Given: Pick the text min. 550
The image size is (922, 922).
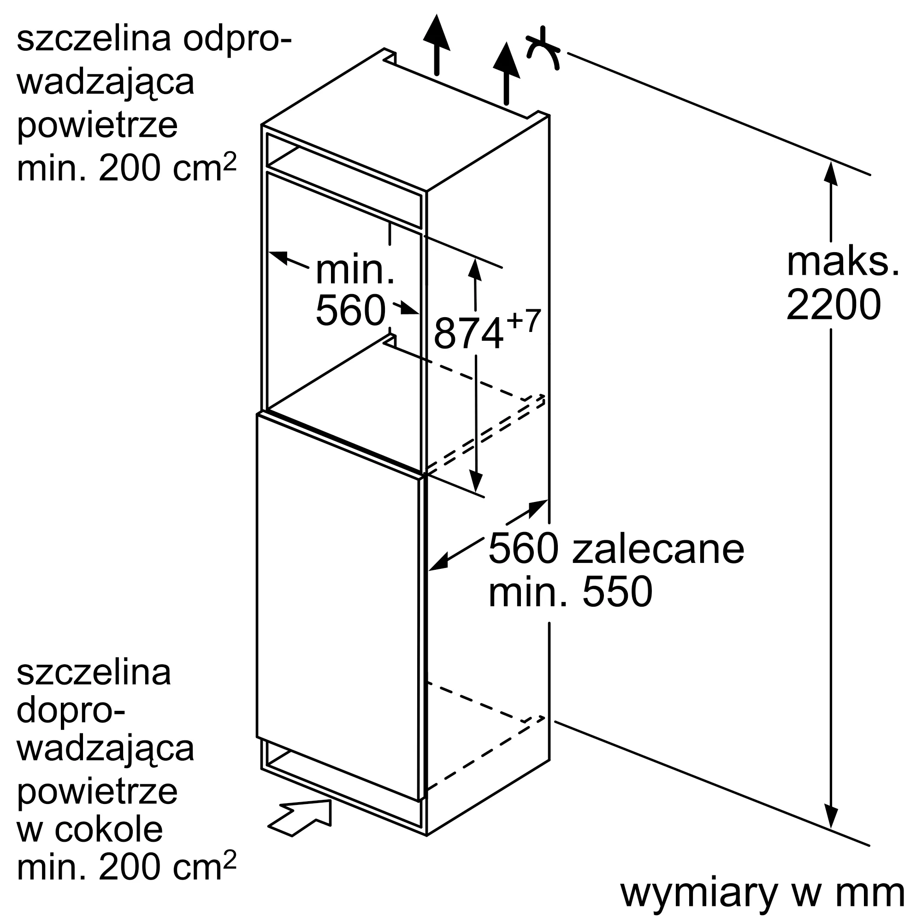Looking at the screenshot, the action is pos(570,592).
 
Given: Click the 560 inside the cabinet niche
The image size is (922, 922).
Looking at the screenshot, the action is pos(351,310).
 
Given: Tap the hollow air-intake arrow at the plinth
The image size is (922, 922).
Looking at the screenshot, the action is pos(300,817).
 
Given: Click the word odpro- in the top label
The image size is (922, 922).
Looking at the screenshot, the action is pos(237,40).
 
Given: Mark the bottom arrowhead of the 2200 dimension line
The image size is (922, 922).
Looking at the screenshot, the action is pos(831,830).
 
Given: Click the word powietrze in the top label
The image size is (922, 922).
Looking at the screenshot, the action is pos(97,125).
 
